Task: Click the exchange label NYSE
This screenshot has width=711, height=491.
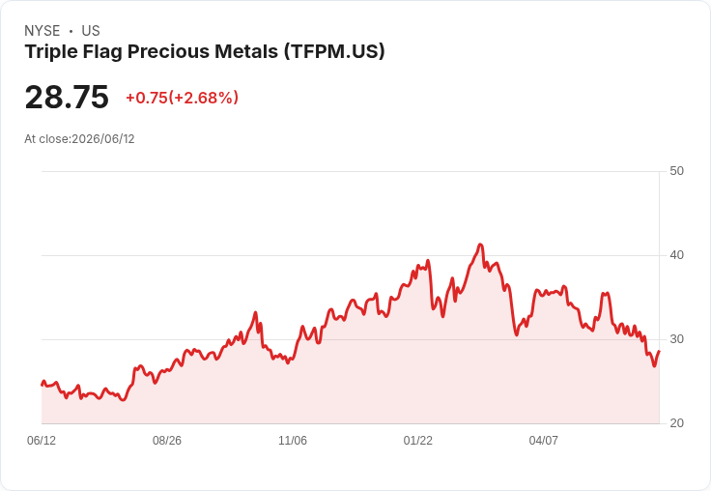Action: click(x=43, y=31)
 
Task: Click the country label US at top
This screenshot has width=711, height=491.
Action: click(x=91, y=31)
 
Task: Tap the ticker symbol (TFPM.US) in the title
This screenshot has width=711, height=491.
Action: click(x=334, y=51)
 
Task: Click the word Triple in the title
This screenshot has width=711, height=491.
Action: click(x=51, y=52)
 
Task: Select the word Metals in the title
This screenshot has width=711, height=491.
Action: click(x=246, y=51)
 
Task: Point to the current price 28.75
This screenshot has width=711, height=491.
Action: click(x=67, y=97)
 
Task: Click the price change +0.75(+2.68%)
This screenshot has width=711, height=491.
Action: click(x=182, y=98)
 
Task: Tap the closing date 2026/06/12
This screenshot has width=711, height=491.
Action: click(x=103, y=139)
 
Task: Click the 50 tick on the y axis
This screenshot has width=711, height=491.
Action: click(x=676, y=171)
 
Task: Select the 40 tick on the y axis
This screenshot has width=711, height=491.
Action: click(x=676, y=255)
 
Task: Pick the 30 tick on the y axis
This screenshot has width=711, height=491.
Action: click(x=676, y=339)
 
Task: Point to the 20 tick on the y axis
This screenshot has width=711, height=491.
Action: click(x=676, y=423)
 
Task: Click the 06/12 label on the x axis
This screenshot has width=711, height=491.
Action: click(x=42, y=440)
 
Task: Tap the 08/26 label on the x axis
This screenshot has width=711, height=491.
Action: click(x=167, y=440)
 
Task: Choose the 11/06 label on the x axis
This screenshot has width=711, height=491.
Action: click(x=293, y=440)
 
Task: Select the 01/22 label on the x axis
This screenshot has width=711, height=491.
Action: click(x=417, y=440)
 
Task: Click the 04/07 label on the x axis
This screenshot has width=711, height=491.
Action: click(x=543, y=440)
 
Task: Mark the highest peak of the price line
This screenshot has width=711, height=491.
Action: click(x=481, y=245)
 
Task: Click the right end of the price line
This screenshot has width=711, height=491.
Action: click(x=659, y=351)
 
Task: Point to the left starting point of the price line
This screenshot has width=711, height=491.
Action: click(x=42, y=385)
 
